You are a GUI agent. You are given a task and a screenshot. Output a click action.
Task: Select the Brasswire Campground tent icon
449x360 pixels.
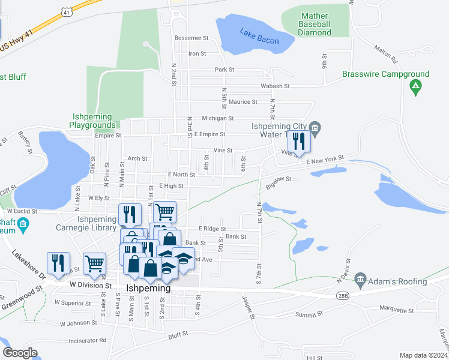pyautogui.click(x=415, y=88)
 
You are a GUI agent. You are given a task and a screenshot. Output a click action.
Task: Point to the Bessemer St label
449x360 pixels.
pyautogui.click(x=191, y=38)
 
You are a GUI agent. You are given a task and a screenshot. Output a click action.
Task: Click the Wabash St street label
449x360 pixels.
pyautogui.click(x=275, y=86)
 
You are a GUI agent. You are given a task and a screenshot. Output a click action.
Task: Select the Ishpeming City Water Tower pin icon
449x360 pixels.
pyautogui.click(x=315, y=127)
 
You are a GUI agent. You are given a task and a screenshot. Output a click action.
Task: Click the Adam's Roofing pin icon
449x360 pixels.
pyautogui.click(x=360, y=278)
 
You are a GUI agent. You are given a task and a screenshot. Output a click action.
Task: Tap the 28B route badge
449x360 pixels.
pyautogui.click(x=343, y=296)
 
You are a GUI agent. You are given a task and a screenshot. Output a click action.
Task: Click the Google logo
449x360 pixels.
pyautogui.click(x=20, y=353)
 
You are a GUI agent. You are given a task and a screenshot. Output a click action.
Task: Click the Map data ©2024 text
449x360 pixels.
pyautogui.click(x=423, y=355)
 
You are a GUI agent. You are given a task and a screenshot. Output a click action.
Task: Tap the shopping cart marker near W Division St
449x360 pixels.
pyautogui.click(x=95, y=263)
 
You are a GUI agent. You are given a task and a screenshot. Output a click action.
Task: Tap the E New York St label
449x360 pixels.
pyautogui.click(x=324, y=160)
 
